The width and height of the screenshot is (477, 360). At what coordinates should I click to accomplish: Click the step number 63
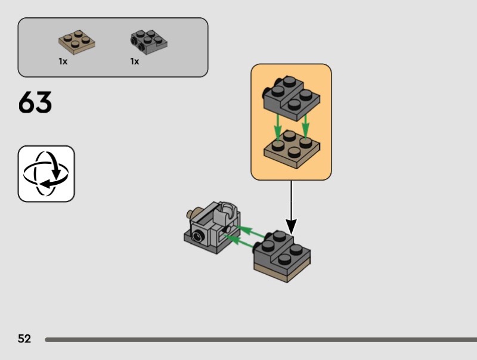(35, 103)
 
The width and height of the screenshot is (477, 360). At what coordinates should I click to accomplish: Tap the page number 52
(24, 339)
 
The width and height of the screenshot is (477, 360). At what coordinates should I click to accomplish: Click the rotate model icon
(46, 173)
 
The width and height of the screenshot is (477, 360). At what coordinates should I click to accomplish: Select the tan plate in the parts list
(77, 41)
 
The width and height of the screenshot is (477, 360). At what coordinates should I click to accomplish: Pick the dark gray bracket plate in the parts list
(148, 41)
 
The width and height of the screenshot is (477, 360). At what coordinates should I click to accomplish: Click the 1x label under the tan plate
(63, 61)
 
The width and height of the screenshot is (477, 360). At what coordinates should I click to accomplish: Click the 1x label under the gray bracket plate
(135, 61)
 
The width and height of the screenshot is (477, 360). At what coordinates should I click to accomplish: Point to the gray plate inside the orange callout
(291, 98)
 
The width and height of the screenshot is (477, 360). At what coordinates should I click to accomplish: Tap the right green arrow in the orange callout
(305, 125)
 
